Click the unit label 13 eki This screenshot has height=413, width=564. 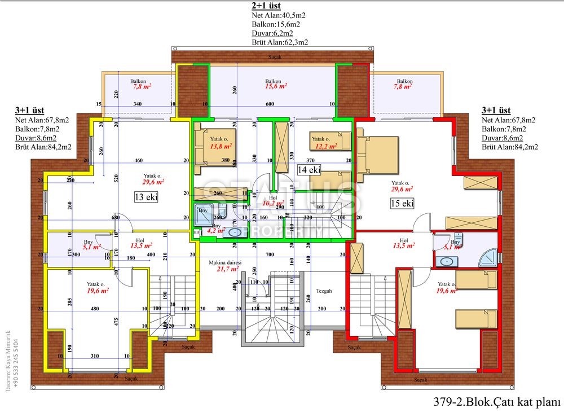tap(145, 197)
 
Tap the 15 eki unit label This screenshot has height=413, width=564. tap(401, 203)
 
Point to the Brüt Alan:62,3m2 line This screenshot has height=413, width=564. tap(280, 42)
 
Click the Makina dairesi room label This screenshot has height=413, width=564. tap(225, 263)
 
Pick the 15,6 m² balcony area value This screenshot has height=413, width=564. tap(276, 87)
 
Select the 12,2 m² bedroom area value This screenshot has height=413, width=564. tap(326, 146)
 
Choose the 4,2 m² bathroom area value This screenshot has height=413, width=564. tap(217, 230)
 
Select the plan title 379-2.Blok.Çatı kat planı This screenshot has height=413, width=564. tap(496, 402)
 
